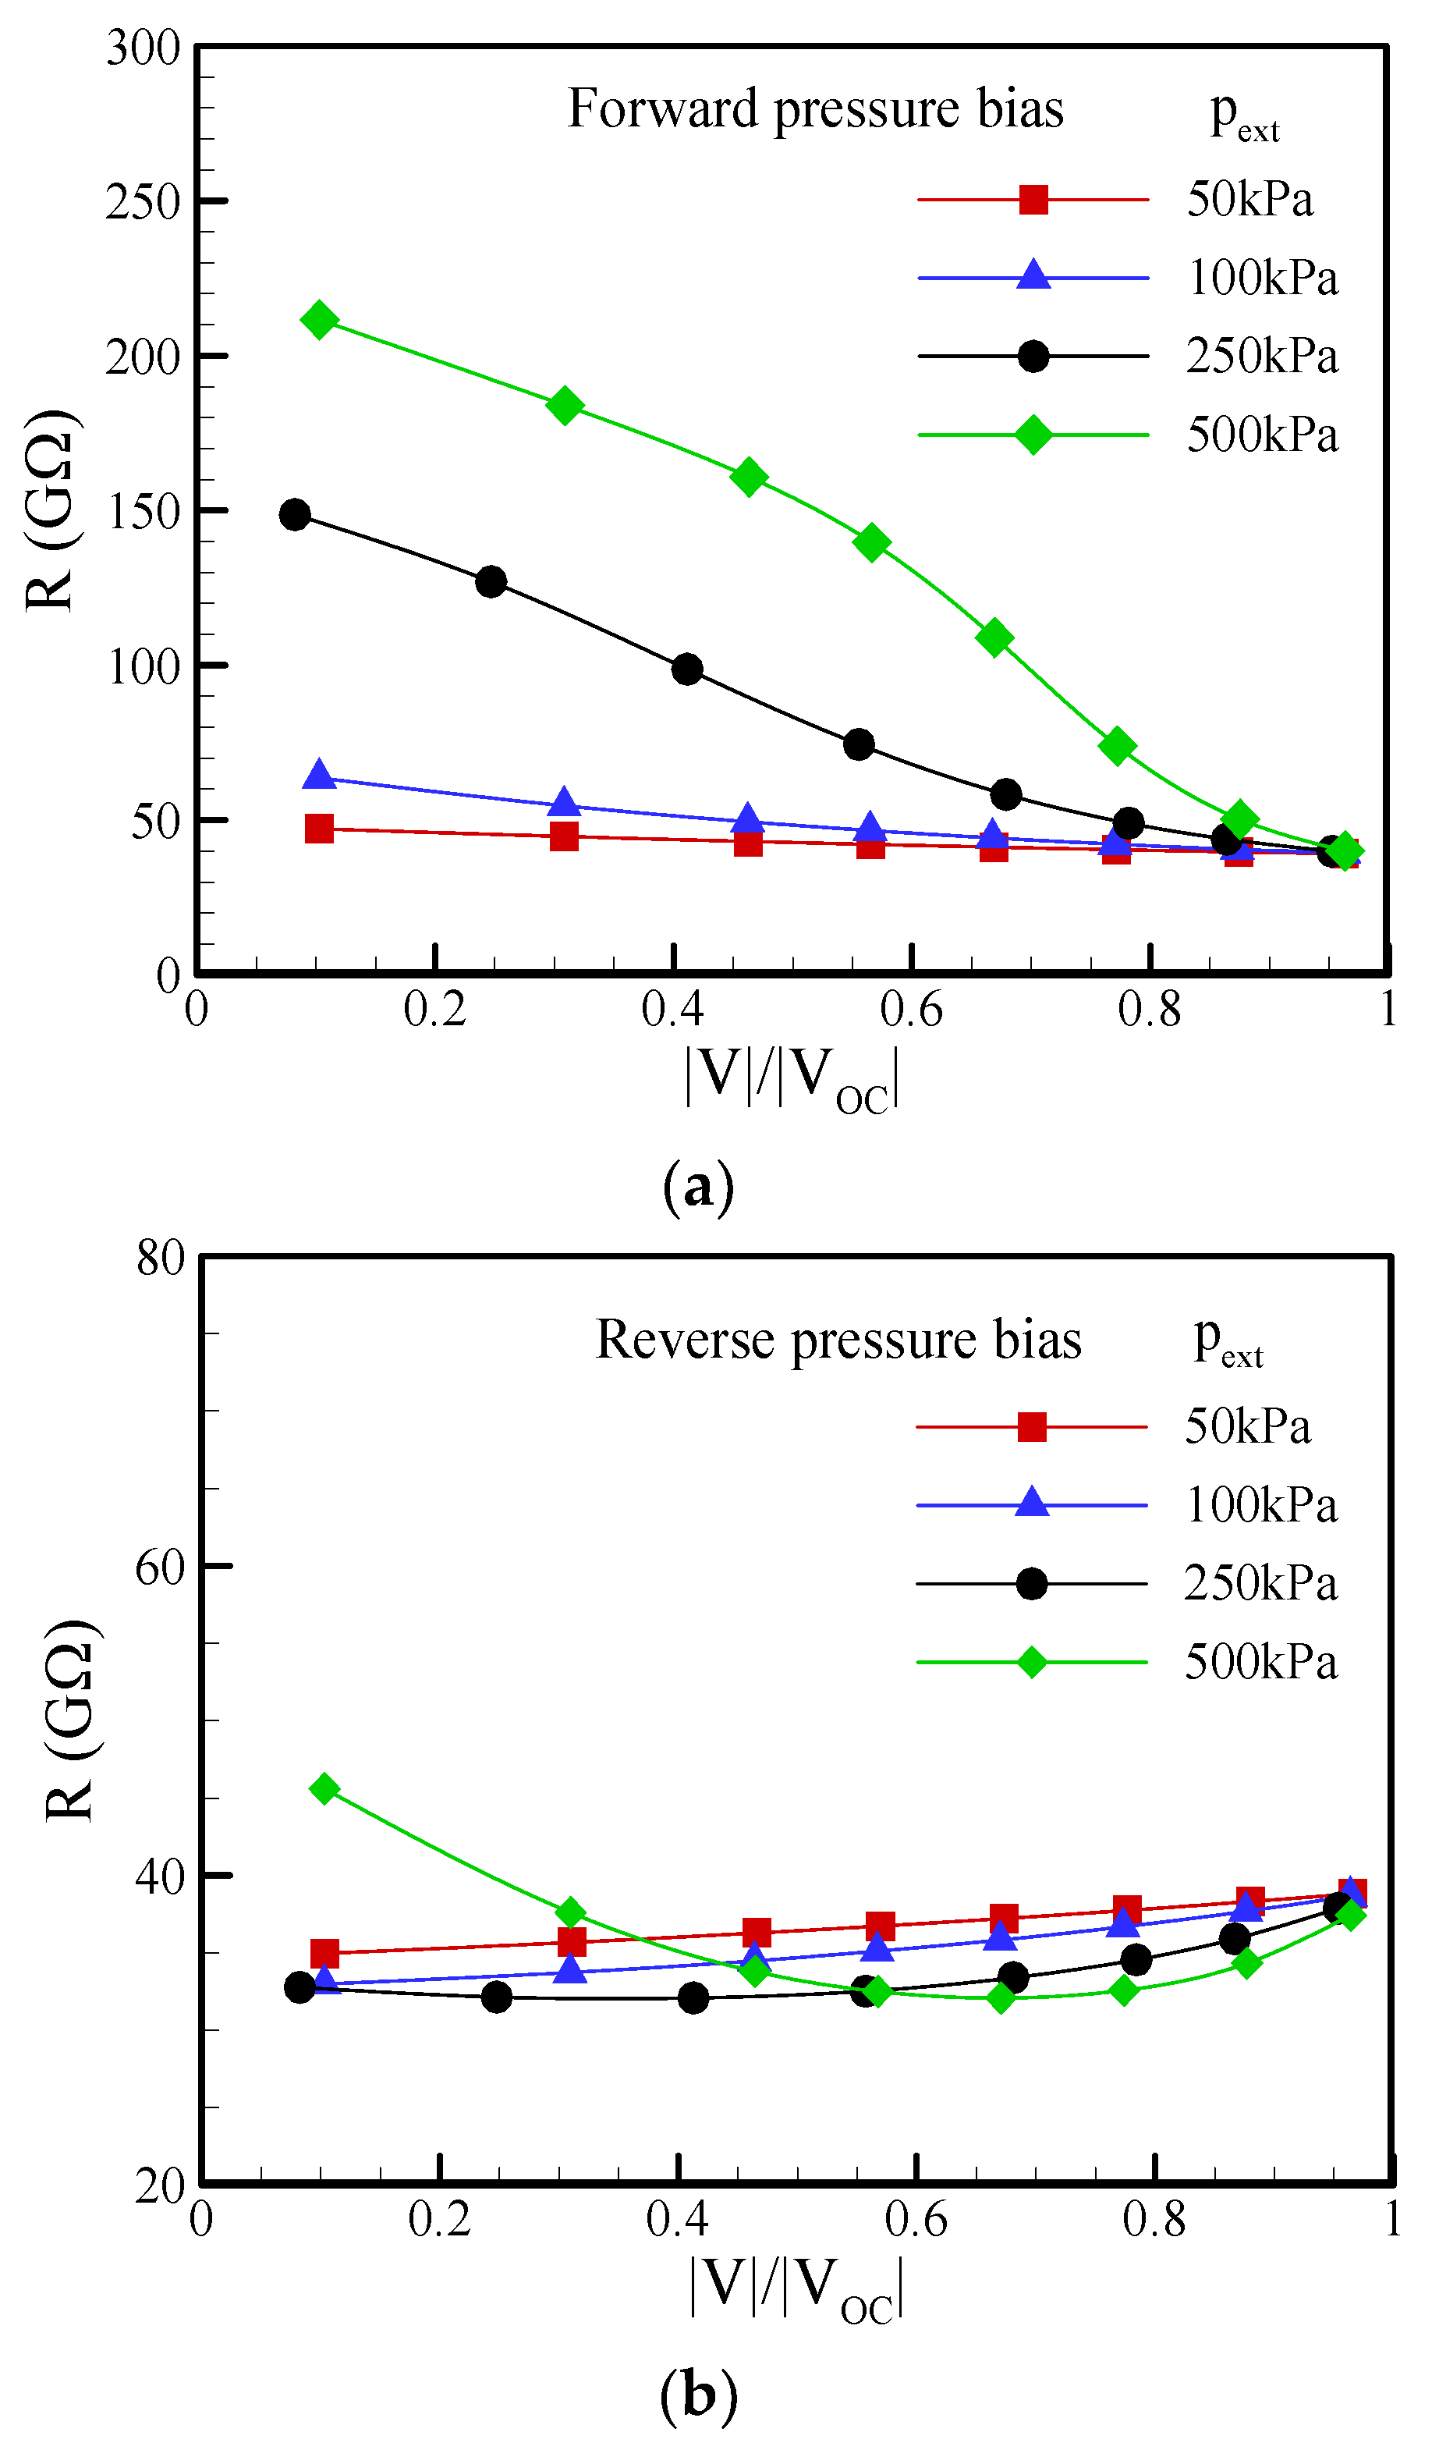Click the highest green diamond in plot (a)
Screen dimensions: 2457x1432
point(319,320)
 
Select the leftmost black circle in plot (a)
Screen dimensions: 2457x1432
point(294,515)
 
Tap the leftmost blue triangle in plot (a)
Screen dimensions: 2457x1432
point(319,775)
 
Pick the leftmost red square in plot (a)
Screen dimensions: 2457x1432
point(319,829)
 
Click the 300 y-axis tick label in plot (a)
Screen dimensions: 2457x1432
point(144,48)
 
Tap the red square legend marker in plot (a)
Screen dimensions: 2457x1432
point(1033,200)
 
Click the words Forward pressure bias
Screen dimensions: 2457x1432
point(815,108)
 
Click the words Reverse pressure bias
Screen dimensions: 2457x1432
point(838,1340)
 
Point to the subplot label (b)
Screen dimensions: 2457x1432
point(698,2395)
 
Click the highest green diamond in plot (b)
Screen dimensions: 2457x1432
point(324,1788)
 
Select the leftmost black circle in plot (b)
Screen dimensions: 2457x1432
point(300,1987)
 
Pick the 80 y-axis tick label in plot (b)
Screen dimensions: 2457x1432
point(160,1258)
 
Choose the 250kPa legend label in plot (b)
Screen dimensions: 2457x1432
point(1260,1583)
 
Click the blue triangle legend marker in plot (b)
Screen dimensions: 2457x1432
point(1031,1504)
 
